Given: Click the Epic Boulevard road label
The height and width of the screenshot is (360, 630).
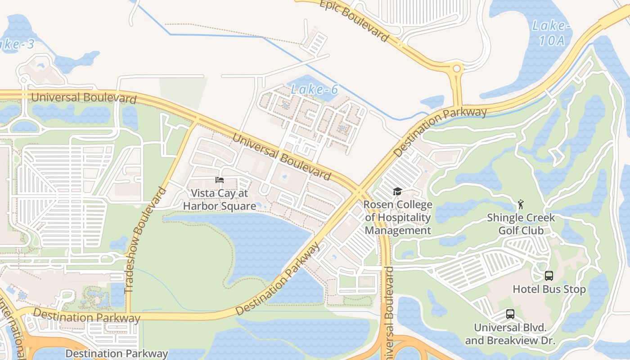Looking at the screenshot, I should (x=354, y=20).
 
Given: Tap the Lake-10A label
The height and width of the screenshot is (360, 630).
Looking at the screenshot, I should (x=551, y=33).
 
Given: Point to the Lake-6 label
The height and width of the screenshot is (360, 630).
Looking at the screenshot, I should (x=314, y=89).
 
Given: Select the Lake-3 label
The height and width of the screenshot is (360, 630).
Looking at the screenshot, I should (x=16, y=44).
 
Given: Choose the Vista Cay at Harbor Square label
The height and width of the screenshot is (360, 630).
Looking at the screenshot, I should (x=219, y=199).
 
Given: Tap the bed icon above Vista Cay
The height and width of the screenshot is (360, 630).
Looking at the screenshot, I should (x=220, y=180).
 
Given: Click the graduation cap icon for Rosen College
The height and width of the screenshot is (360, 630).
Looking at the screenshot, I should (x=397, y=192).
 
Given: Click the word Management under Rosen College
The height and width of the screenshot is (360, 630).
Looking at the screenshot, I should (x=398, y=231).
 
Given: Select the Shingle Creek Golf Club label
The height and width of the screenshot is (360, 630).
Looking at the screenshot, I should (x=521, y=224).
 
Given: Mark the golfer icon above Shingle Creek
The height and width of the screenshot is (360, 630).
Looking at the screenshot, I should (x=521, y=205).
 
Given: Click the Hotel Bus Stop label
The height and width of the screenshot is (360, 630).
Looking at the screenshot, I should (x=549, y=289).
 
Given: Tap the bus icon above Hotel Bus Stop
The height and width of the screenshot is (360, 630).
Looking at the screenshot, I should (x=549, y=275).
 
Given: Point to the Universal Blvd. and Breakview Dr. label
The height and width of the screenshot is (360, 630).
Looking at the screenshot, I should (x=510, y=334).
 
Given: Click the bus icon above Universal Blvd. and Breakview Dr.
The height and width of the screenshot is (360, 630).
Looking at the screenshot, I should (x=510, y=314).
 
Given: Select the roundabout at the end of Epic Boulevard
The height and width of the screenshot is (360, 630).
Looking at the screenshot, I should (x=457, y=69).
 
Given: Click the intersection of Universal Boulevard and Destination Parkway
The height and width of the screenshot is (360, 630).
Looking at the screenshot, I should (x=360, y=191).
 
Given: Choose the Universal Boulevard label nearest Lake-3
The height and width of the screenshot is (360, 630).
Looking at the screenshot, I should (x=84, y=97).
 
